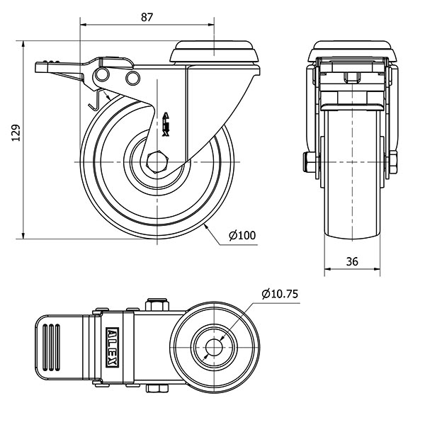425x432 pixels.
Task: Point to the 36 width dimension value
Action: click(x=352, y=261)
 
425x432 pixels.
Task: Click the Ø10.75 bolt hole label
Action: click(x=277, y=293)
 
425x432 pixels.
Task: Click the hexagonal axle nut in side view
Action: click(x=157, y=164)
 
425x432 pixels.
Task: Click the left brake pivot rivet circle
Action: click(x=104, y=76)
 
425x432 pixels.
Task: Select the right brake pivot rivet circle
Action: click(x=132, y=76)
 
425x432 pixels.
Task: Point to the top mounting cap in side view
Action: click(x=215, y=51)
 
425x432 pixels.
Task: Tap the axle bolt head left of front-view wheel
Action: click(x=309, y=164)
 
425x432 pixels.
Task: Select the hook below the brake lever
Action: click(x=93, y=103)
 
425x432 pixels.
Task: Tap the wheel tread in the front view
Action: click(x=352, y=184)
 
